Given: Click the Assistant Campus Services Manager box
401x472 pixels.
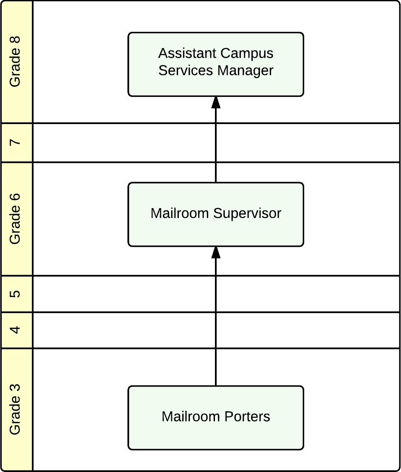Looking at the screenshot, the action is click(216, 65).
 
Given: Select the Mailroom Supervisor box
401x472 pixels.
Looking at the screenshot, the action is click(216, 214).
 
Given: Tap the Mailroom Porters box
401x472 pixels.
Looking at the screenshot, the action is click(216, 418).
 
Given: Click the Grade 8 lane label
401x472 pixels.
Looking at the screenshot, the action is click(15, 62).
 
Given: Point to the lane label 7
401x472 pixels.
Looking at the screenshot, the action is click(15, 142).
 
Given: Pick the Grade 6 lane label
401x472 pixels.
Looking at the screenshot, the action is click(15, 218).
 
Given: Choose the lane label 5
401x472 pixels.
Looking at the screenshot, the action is click(15, 294).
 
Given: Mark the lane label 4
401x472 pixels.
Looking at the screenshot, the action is click(15, 330).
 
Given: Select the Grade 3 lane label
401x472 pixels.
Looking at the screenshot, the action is click(15, 409).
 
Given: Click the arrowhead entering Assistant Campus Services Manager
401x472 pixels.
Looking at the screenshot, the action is click(216, 102).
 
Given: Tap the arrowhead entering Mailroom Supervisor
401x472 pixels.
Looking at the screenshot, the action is click(216, 252).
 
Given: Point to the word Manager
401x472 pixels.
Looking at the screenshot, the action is click(246, 71).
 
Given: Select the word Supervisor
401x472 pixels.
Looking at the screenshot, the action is click(247, 213).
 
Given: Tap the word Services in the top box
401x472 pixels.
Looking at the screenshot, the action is click(186, 71).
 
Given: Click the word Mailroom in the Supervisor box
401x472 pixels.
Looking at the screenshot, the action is click(180, 213).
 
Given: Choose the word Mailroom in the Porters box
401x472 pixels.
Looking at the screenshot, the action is click(191, 417).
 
